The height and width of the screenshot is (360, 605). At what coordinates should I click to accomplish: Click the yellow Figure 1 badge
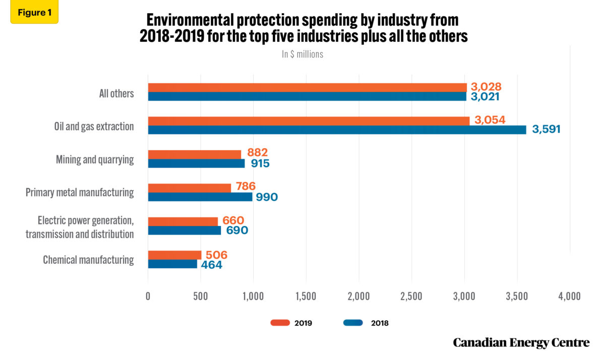[x=34, y=13]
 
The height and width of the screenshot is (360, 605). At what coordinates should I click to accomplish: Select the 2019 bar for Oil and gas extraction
[x=309, y=121]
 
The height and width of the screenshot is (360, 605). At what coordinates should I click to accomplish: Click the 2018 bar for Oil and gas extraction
[x=337, y=130]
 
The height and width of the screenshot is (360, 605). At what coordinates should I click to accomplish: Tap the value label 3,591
[x=546, y=130]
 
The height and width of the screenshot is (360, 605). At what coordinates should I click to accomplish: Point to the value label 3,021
[x=485, y=96]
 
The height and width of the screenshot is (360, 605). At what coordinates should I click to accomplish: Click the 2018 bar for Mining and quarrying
[x=196, y=163]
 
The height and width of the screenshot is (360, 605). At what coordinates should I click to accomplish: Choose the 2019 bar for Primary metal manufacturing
[x=190, y=188]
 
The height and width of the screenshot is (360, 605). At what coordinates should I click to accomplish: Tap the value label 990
[x=267, y=197]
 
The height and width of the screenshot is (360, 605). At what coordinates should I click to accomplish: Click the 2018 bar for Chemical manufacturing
[x=172, y=264]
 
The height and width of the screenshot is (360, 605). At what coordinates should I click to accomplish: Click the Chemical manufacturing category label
[x=88, y=260]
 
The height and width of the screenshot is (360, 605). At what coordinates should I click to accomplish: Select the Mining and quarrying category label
[x=95, y=160]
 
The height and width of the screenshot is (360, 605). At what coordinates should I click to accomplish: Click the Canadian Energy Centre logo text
[x=521, y=343]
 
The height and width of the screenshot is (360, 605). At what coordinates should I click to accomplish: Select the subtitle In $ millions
[x=302, y=54]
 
